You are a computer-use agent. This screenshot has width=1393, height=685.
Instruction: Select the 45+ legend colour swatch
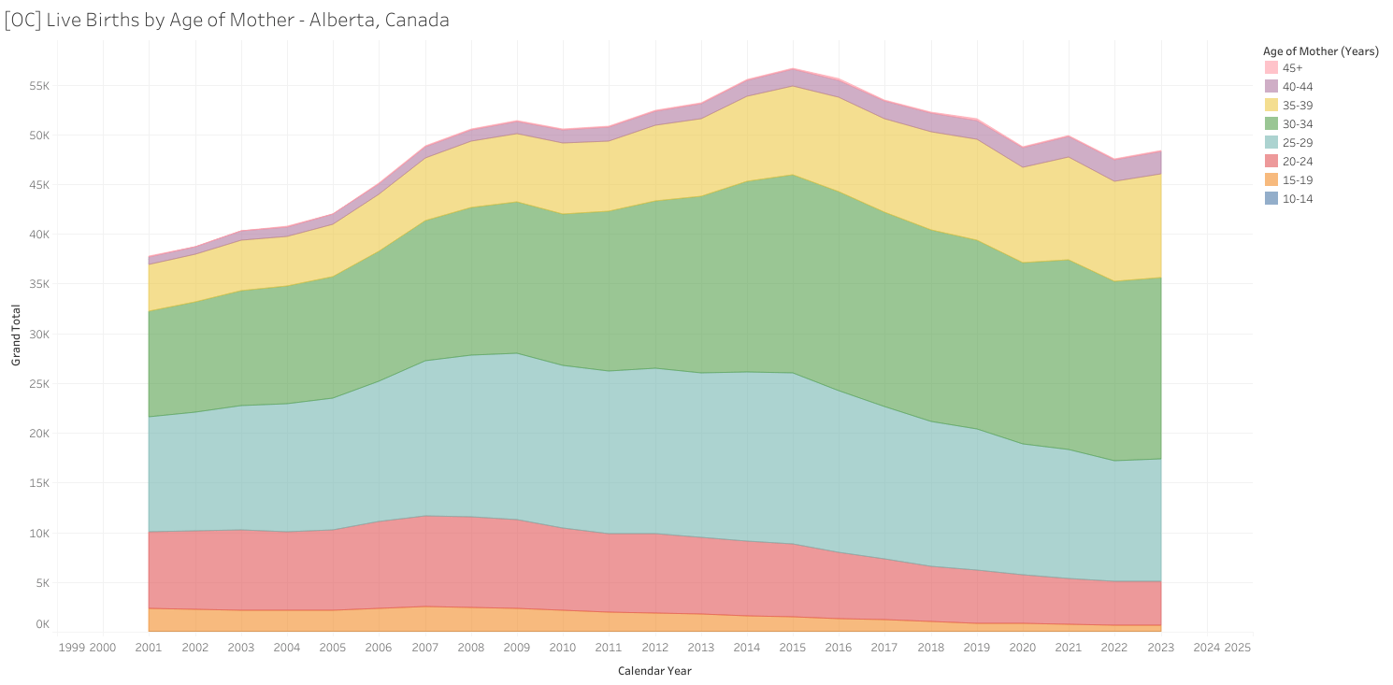pyautogui.click(x=1271, y=68)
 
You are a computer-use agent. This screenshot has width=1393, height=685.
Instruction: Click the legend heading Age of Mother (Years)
pyautogui.click(x=1320, y=51)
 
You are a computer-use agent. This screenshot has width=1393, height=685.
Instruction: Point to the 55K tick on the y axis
pyautogui.click(x=37, y=86)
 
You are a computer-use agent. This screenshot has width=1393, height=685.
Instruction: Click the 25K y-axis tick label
pyautogui.click(x=37, y=384)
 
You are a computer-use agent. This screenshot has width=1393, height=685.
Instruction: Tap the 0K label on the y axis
pyautogui.click(x=42, y=624)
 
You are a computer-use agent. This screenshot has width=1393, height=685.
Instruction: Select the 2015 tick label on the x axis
pyautogui.click(x=792, y=647)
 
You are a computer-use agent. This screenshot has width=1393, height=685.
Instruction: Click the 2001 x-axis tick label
pyautogui.click(x=148, y=647)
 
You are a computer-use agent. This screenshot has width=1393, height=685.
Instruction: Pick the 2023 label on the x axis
pyautogui.click(x=1160, y=647)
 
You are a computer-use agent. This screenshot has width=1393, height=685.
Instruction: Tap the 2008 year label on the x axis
pyautogui.click(x=470, y=647)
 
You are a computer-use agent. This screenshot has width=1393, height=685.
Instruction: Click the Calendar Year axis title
pyautogui.click(x=654, y=670)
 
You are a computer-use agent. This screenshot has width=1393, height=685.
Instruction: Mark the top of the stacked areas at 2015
pyautogui.click(x=792, y=68)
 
